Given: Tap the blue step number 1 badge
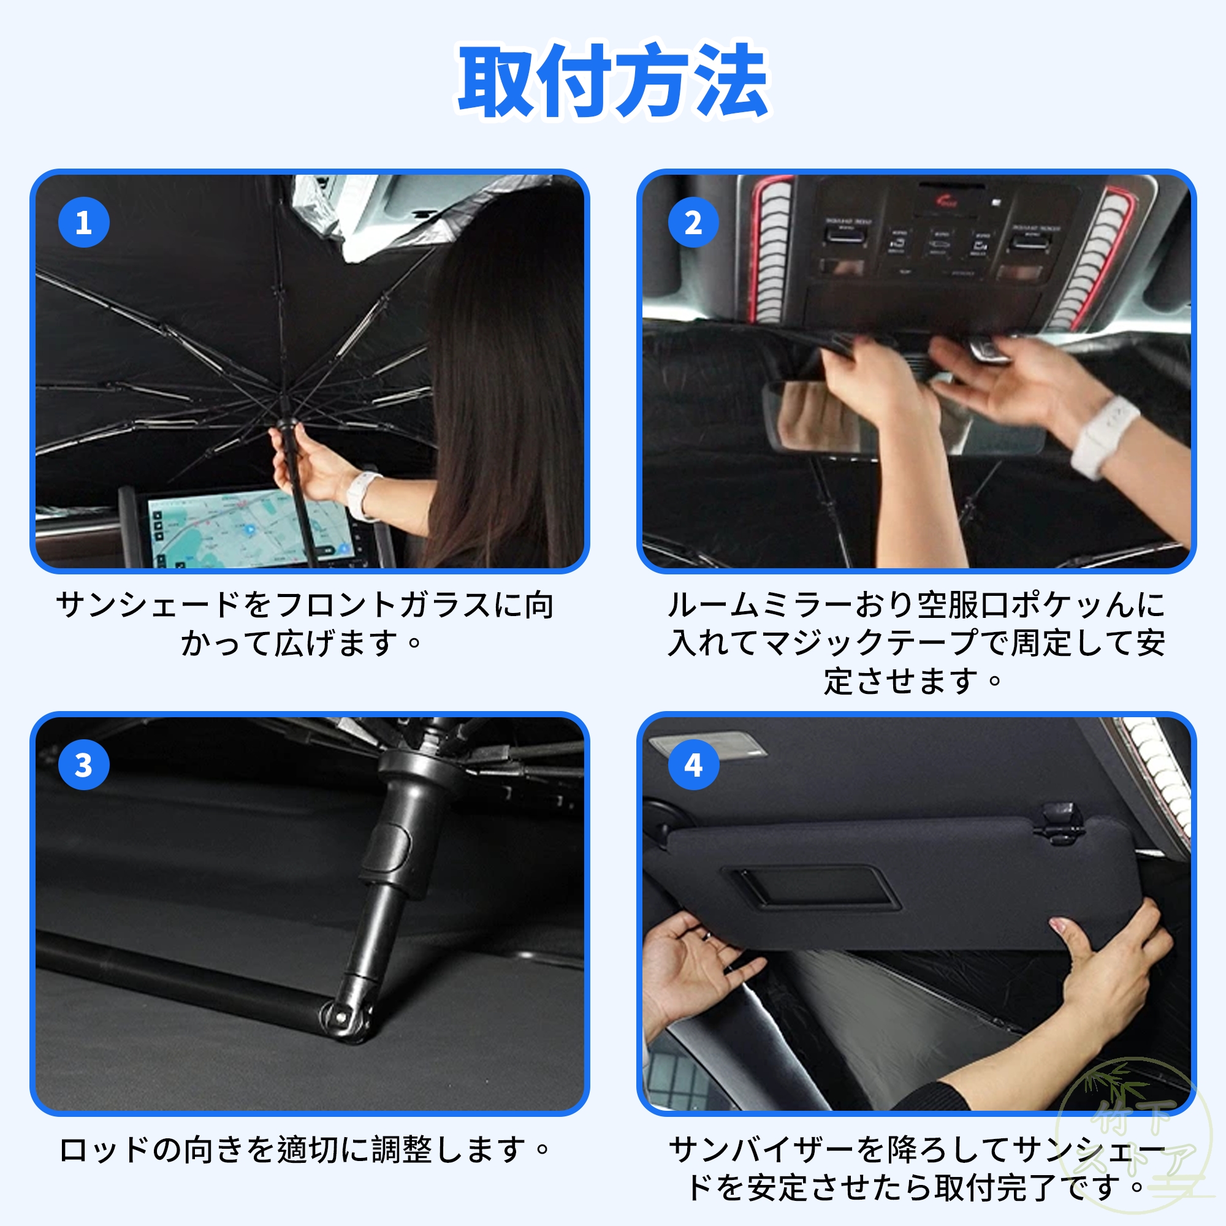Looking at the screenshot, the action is click(84, 222).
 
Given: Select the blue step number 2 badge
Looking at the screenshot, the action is click(693, 222).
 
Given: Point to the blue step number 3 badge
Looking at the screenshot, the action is click(84, 764).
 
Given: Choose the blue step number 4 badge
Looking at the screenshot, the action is click(693, 764).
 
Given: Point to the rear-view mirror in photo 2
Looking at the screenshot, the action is click(901, 416).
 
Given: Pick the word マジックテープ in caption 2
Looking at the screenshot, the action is click(870, 643).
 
